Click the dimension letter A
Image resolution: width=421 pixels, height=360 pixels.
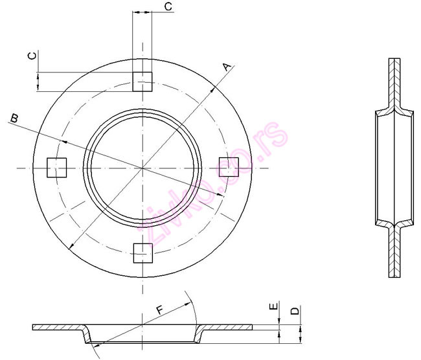[225, 67]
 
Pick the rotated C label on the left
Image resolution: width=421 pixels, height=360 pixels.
[32, 56]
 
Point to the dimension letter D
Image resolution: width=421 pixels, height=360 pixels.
[295, 311]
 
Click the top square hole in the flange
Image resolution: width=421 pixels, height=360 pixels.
[142, 82]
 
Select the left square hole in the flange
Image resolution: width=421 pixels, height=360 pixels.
[58, 168]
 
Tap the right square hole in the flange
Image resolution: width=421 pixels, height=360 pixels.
[228, 167]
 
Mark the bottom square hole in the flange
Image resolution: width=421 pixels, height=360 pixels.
[142, 253]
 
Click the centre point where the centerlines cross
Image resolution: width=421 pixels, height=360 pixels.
[142, 168]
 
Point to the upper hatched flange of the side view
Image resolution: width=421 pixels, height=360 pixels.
[395, 81]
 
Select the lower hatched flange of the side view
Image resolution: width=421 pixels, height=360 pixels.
[395, 253]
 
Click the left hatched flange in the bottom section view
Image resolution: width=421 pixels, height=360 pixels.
[58, 326]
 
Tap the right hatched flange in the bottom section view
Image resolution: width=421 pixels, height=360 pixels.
[227, 326]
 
